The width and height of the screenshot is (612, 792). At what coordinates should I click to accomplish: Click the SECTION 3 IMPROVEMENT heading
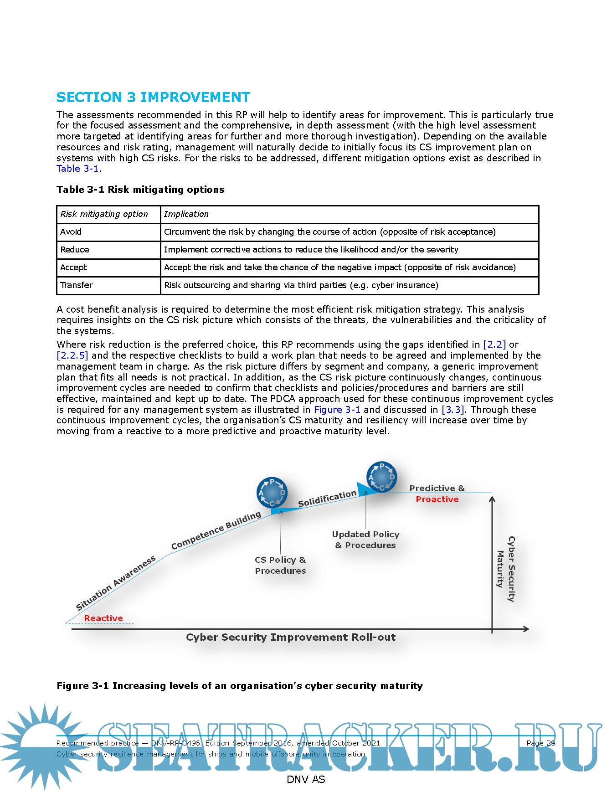[x=153, y=98]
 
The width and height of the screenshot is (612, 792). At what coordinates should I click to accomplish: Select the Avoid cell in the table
[x=71, y=232]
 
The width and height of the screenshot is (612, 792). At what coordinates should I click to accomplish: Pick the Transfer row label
[x=77, y=285]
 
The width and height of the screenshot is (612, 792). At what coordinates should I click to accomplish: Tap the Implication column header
[x=186, y=214]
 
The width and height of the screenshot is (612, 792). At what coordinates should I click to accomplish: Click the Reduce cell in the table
[x=75, y=250]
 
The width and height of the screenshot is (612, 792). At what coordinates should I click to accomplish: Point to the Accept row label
[x=73, y=267]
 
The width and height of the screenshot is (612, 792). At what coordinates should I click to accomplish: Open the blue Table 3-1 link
[x=78, y=169]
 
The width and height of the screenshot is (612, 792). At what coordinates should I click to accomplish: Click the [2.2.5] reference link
[x=72, y=355]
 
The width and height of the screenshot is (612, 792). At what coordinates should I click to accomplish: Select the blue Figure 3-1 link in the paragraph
[x=337, y=410]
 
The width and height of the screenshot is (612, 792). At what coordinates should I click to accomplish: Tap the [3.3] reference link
[x=453, y=410]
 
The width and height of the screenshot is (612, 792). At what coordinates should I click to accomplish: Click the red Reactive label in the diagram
[x=103, y=618]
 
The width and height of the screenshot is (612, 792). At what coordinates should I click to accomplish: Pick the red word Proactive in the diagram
[x=437, y=499]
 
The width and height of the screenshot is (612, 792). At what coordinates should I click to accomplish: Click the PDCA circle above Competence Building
[x=272, y=493]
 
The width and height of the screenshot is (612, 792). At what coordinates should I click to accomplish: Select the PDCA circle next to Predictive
[x=382, y=477]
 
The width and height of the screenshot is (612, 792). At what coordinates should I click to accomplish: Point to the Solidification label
[x=327, y=499]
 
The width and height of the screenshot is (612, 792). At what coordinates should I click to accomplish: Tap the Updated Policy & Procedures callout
[x=365, y=540]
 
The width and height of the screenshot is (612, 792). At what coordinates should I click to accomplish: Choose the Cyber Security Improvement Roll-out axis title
[x=291, y=638]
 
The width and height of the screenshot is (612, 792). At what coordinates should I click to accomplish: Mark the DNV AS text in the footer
[x=306, y=780]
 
